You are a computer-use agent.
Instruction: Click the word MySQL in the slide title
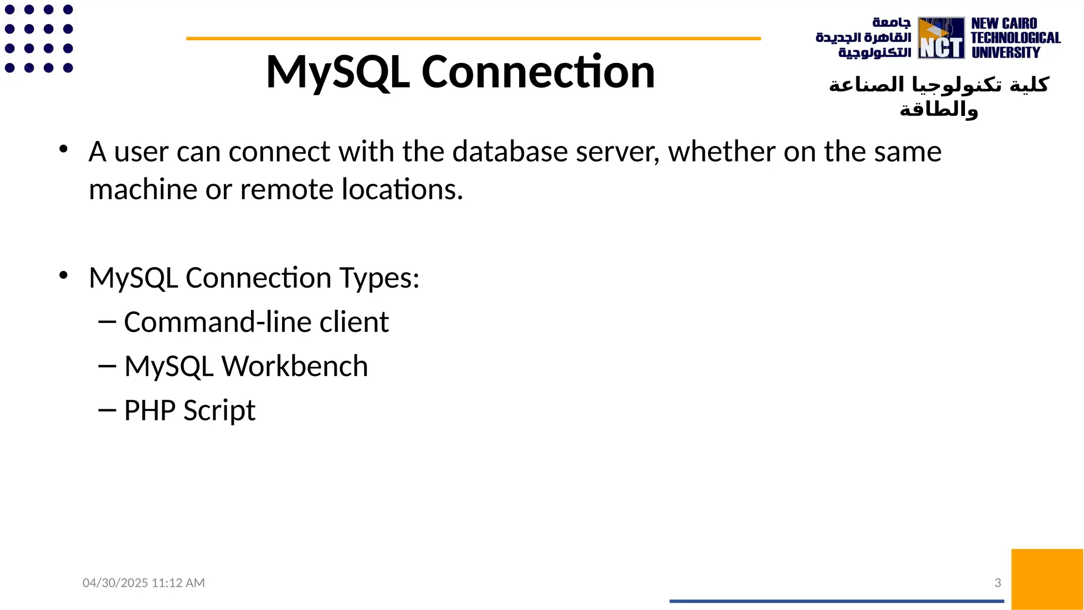point(338,72)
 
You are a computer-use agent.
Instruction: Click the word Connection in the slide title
point(538,72)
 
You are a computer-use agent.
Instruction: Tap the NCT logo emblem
point(941,38)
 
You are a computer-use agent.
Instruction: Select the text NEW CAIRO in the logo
point(1004,24)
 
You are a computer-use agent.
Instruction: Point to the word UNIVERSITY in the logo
point(1006,52)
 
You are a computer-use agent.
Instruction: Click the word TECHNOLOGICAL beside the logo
point(1016,38)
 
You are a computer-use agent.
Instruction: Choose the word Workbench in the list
point(294,366)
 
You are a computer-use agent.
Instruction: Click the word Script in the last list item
point(219,411)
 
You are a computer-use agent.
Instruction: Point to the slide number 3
point(998,583)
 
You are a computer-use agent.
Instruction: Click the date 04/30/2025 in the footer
point(115,583)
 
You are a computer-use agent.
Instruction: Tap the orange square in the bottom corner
point(1047,579)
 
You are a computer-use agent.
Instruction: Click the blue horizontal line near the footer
point(836,601)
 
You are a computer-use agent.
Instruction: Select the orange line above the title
point(473,39)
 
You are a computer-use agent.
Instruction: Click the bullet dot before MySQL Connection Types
point(64,275)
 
